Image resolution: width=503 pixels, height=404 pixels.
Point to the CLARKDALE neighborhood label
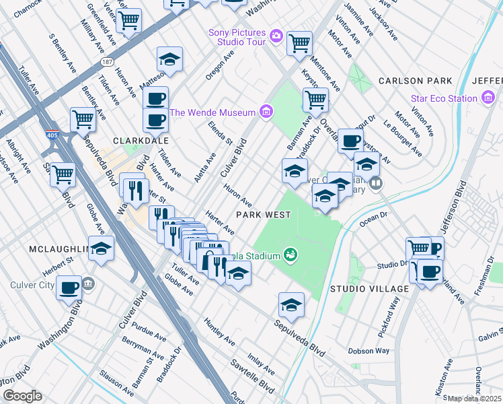139,141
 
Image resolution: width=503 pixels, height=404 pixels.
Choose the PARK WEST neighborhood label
263,215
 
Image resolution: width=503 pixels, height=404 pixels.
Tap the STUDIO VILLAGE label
369,289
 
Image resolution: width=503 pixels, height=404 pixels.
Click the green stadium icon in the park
291,255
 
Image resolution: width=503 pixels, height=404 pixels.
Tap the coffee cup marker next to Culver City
69,288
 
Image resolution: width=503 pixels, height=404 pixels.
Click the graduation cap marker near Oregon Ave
170,59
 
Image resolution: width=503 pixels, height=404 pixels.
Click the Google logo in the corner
23,396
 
